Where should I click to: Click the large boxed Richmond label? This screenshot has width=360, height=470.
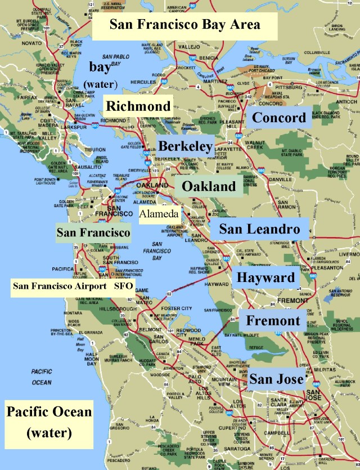tap(138, 106)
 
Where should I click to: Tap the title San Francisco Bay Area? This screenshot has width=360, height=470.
tap(184, 24)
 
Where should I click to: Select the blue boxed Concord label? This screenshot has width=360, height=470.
tap(279, 118)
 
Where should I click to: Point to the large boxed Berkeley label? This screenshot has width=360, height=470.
tap(185, 146)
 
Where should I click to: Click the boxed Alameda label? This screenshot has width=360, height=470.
tap(159, 214)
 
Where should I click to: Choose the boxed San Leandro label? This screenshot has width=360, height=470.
tap(259, 229)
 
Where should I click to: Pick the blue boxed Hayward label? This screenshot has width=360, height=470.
tap(265, 277)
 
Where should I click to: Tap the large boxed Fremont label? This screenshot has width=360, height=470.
tap(273, 321)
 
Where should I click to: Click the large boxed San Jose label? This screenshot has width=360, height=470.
tap(277, 378)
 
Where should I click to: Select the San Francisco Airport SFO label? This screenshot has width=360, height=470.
tap(71, 286)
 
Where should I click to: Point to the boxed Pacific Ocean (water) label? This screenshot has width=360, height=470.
tap(48, 422)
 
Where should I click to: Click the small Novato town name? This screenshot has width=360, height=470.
tap(16, 43)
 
